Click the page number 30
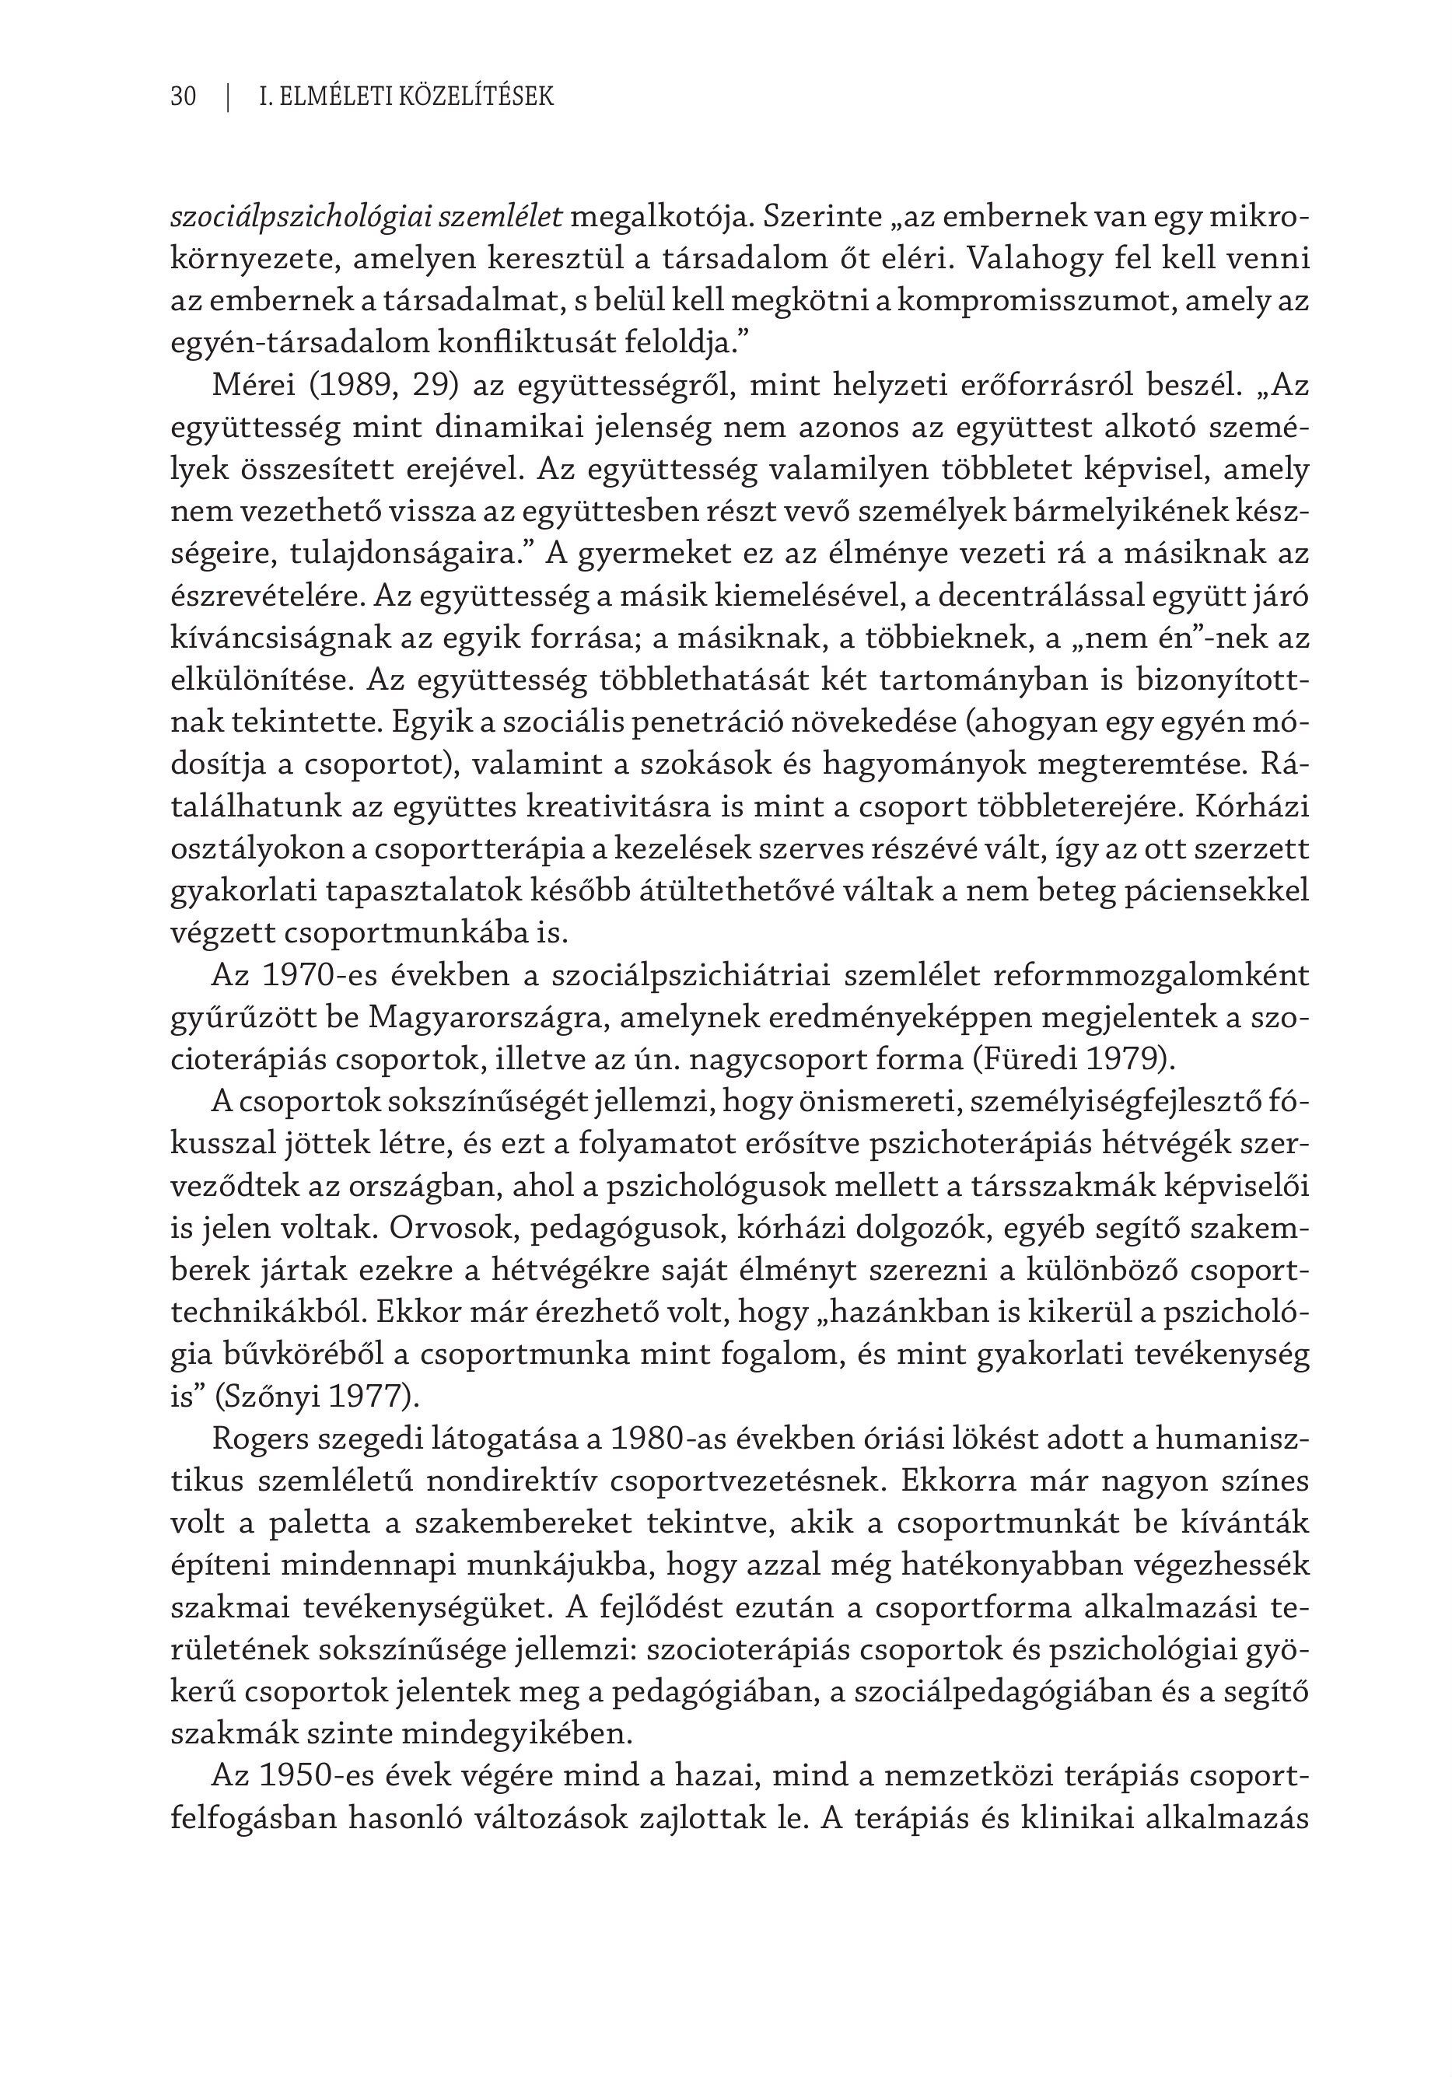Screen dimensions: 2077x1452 [183, 96]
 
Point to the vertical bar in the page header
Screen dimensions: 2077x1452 [229, 96]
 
